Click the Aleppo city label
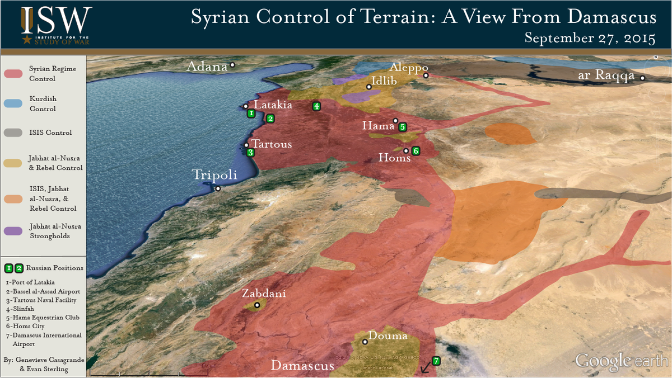tap(409, 66)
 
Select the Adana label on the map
tap(207, 67)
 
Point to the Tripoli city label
tap(215, 174)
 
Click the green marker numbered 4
tap(316, 106)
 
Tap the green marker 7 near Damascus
tap(436, 361)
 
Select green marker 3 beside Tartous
tap(250, 152)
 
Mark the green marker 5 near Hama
tap(403, 127)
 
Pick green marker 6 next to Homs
tap(416, 150)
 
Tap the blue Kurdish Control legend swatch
tap(14, 103)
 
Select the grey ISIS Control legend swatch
tap(14, 133)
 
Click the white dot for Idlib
tap(369, 87)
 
